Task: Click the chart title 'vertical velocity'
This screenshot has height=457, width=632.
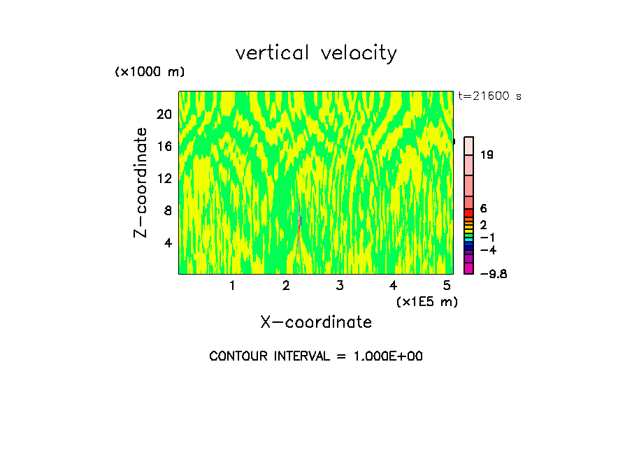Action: (x=316, y=53)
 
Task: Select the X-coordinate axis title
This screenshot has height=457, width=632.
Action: (x=316, y=322)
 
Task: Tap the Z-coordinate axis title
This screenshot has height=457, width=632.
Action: (x=141, y=182)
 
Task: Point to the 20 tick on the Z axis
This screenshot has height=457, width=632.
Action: (x=164, y=115)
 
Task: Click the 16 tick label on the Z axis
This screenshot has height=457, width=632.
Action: (x=164, y=147)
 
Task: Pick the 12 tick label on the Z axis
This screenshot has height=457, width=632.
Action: (x=164, y=179)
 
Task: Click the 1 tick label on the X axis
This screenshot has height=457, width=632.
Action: (x=232, y=286)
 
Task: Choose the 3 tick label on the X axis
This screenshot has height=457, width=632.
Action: (x=340, y=286)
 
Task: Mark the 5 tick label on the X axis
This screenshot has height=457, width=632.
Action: (x=447, y=286)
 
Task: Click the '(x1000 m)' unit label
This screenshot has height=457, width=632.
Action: (x=150, y=73)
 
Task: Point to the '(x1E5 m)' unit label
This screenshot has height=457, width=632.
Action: (x=427, y=302)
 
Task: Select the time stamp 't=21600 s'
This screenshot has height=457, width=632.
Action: (x=489, y=96)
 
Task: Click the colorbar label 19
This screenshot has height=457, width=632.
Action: (x=487, y=155)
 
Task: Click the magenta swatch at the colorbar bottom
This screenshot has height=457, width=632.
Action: (x=469, y=269)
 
